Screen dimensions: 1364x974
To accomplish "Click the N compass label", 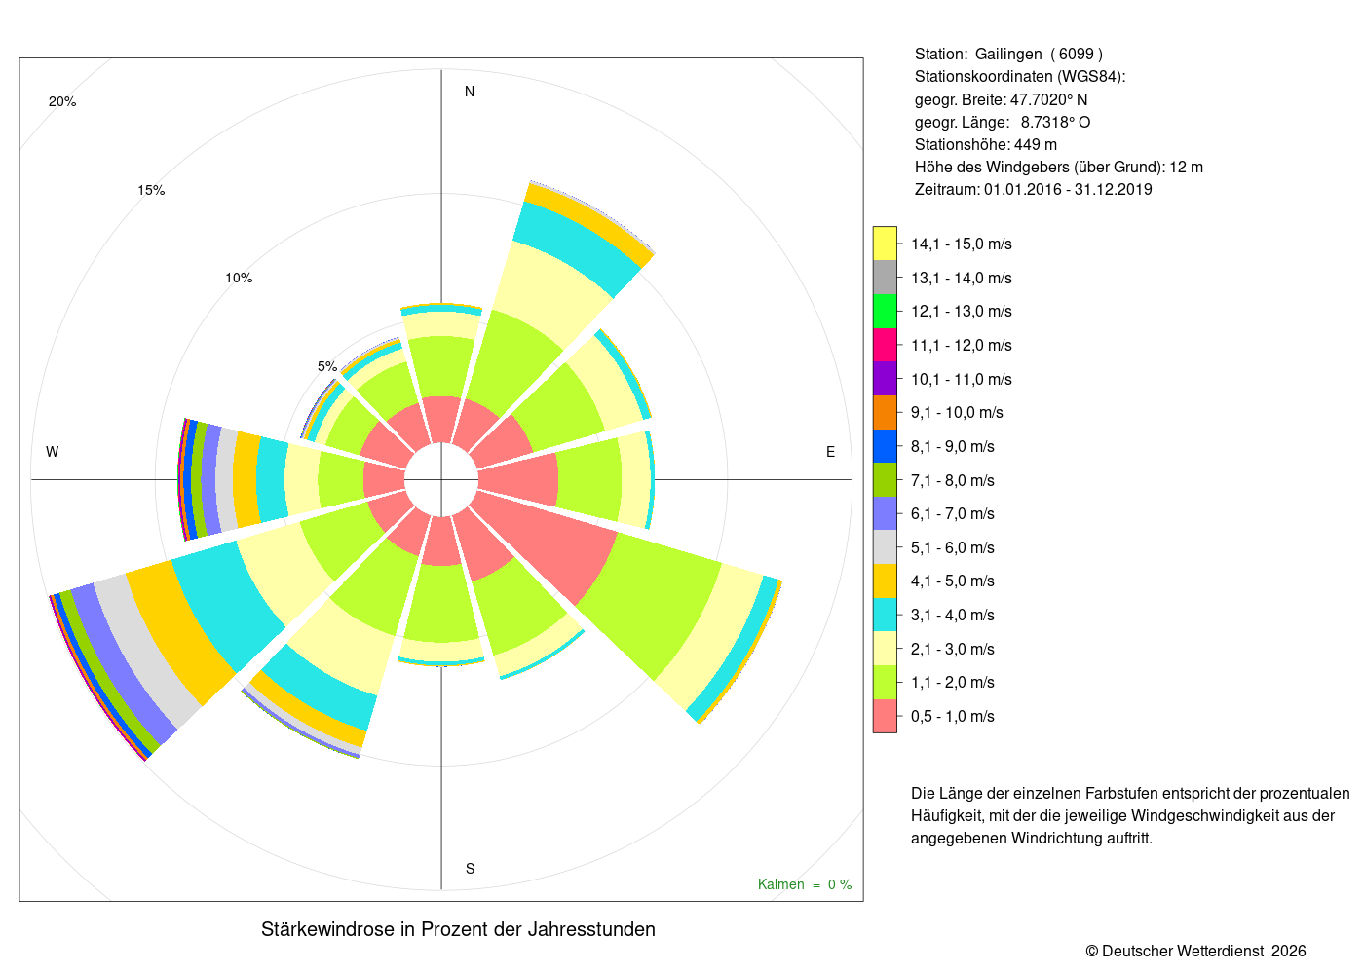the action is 470,92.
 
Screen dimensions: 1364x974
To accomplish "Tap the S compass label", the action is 470,869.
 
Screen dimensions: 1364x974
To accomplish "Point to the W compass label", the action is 53,452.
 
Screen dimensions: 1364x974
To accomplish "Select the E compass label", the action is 830,452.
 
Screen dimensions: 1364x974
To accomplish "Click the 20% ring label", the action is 62,101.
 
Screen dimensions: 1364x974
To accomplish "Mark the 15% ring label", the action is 151,191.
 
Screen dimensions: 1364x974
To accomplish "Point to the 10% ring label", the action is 239,279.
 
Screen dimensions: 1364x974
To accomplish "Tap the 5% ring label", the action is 327,366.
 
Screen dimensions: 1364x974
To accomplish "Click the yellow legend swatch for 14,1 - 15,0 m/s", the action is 885,244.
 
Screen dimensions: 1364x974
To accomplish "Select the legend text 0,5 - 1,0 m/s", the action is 953,717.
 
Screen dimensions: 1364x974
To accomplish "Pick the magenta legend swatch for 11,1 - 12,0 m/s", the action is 885,345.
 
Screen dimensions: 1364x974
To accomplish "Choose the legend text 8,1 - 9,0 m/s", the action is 953,447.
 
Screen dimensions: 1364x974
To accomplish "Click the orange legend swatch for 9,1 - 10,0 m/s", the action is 885,413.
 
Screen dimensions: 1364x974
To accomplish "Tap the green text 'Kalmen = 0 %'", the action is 805,885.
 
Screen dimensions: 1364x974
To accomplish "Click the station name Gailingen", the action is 1008,55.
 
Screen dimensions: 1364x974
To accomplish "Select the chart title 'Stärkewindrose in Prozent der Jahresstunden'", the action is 459,930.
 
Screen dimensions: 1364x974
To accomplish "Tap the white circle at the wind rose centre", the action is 441,479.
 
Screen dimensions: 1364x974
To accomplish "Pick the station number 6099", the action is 1076,55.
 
